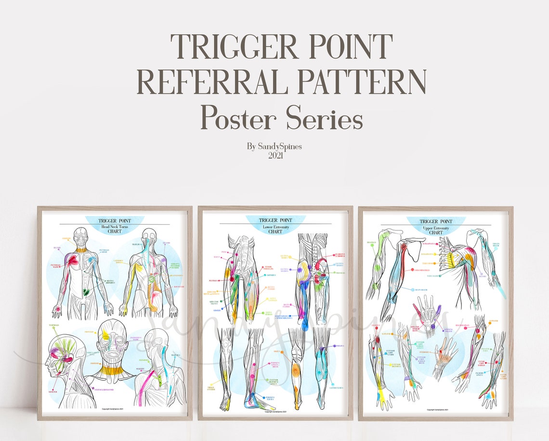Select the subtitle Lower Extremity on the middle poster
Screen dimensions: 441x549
[275, 226]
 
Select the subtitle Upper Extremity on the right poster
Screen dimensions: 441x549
[435, 227]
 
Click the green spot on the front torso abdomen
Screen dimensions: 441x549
[85, 292]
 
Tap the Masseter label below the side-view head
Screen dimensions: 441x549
[53, 392]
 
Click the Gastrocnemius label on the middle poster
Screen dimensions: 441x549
[336, 387]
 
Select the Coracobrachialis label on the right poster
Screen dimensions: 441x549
[421, 269]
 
